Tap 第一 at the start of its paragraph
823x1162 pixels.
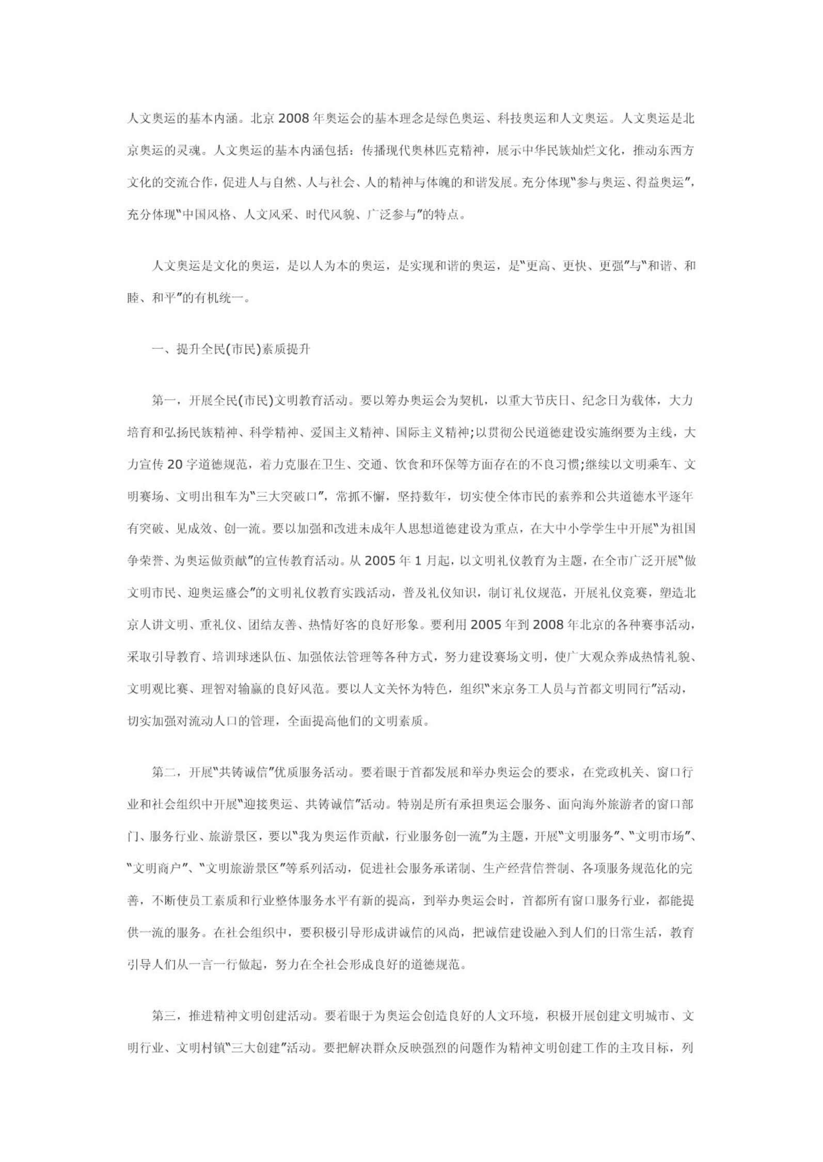(x=164, y=401)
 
